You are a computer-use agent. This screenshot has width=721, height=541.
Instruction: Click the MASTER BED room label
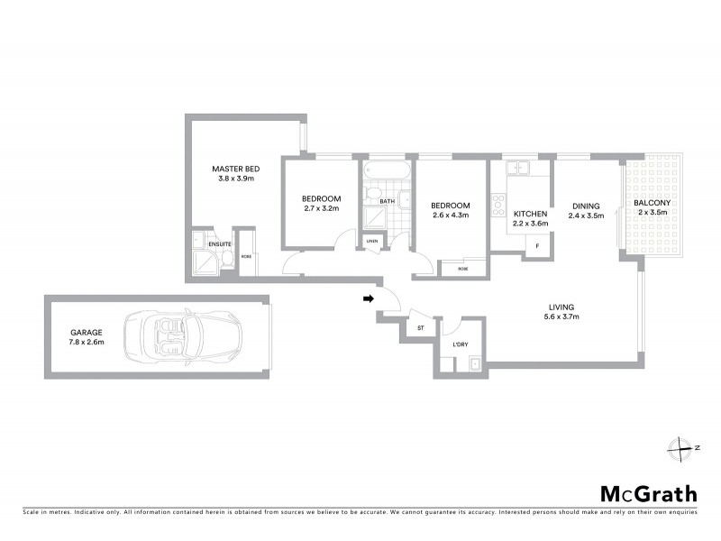tap(236, 169)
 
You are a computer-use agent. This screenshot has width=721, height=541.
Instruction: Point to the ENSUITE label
tap(220, 244)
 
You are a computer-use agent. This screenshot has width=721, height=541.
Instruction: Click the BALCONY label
tap(652, 203)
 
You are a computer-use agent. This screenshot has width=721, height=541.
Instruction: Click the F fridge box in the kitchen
tap(538, 246)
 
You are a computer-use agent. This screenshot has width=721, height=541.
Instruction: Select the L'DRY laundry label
tap(460, 344)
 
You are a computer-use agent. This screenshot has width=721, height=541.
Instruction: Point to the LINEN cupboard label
tap(371, 241)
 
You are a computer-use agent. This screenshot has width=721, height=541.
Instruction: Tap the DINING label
tap(586, 206)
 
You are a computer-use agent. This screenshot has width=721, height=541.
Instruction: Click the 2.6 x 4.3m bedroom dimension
tap(451, 215)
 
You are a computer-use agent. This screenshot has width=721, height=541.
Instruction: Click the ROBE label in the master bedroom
tap(246, 256)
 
